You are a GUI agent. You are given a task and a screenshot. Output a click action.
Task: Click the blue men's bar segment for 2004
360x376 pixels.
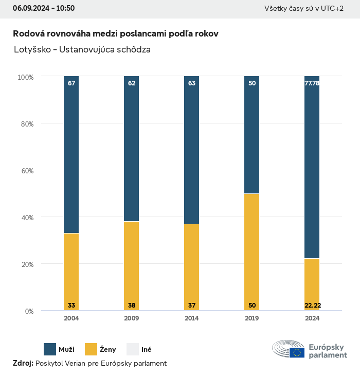[x=71, y=154]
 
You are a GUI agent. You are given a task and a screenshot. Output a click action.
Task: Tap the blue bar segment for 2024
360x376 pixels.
[x=312, y=167]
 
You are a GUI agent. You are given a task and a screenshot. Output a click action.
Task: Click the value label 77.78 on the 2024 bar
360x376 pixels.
[x=312, y=83]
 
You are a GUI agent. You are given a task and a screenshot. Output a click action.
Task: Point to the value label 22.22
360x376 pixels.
[x=312, y=306]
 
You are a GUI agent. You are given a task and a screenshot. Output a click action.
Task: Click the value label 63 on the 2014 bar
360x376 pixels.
[x=192, y=83]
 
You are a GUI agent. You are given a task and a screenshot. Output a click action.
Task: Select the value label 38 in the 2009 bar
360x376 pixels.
[x=132, y=306]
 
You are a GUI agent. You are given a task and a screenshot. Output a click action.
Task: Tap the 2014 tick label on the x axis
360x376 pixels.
[x=192, y=318]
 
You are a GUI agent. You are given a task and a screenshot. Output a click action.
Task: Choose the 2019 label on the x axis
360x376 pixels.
[x=252, y=318]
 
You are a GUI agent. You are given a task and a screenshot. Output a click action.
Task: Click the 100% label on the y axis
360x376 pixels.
[x=25, y=77]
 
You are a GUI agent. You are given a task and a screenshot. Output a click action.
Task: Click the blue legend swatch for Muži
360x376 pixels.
[x=50, y=349]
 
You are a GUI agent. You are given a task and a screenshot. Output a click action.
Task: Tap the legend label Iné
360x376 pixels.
[x=146, y=350]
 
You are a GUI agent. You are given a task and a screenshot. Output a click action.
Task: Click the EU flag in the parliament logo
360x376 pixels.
[x=297, y=352]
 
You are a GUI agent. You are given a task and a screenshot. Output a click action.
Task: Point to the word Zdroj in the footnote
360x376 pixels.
[x=22, y=363]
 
